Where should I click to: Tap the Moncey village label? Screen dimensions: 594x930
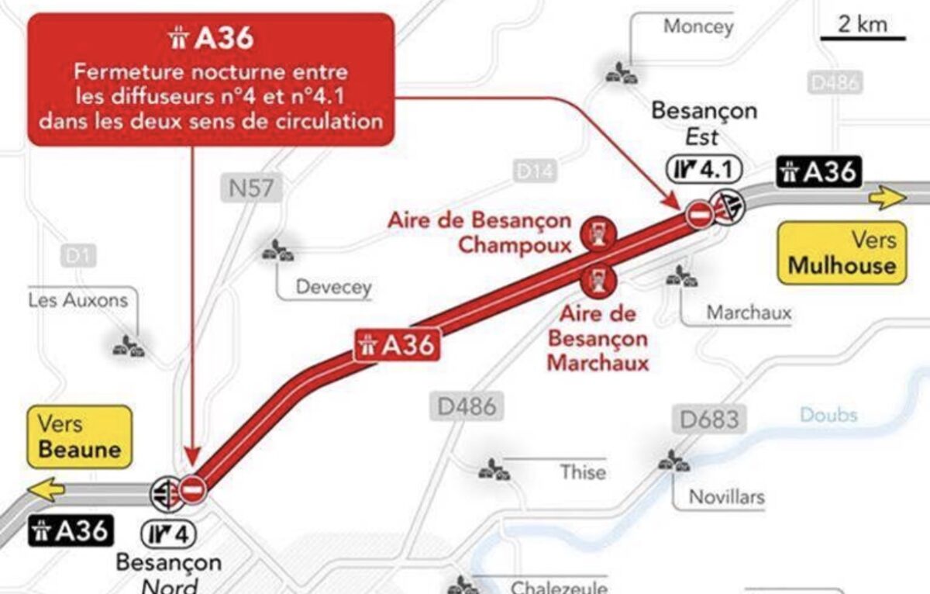[697, 26]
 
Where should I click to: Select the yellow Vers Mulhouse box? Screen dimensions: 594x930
[842, 253]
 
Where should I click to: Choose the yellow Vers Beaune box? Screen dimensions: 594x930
[80, 437]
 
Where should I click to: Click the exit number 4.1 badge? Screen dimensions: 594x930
[703, 168]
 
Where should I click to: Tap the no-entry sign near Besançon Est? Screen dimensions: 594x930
[699, 214]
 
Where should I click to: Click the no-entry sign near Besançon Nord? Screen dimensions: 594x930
[192, 489]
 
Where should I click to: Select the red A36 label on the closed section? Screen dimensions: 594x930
[397, 345]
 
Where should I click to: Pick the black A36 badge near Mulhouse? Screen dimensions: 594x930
[819, 171]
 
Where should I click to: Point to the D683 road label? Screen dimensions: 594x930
[710, 420]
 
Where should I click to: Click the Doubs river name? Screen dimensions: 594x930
[828, 415]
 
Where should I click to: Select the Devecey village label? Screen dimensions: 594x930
[334, 288]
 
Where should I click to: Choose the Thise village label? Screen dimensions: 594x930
[583, 471]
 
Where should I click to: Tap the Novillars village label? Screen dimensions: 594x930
[726, 496]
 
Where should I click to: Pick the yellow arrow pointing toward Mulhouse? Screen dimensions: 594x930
[887, 198]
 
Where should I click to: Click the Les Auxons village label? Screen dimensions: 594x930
[78, 300]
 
